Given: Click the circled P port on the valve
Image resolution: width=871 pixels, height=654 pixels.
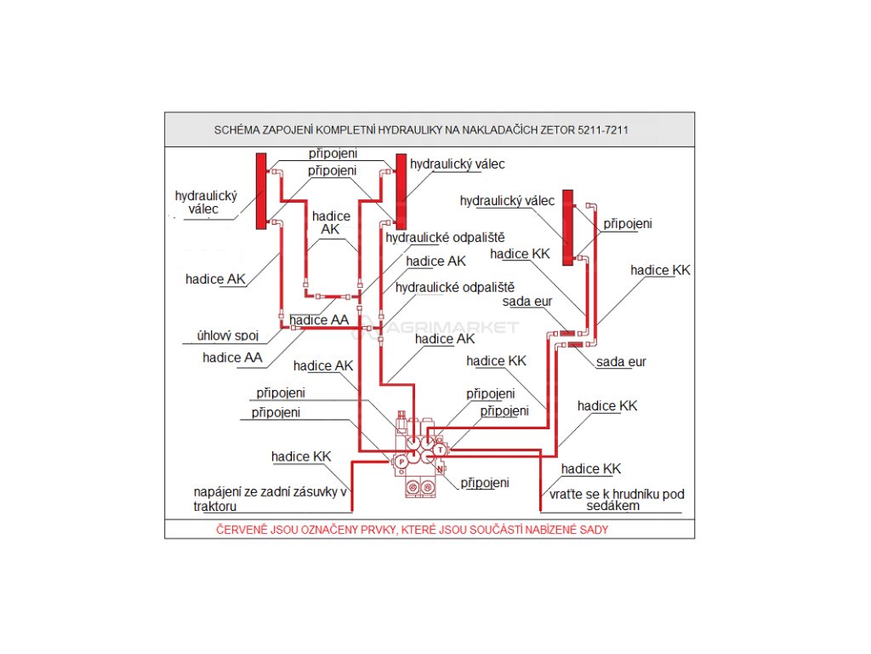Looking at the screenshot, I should pyautogui.click(x=401, y=461).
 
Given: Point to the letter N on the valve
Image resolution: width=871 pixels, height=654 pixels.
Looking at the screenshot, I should pyautogui.click(x=439, y=469).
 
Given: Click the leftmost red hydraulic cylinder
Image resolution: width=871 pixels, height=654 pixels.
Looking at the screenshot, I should pyautogui.click(x=262, y=191).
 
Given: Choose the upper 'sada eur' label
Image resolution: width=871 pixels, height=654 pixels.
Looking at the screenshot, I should pyautogui.click(x=527, y=301).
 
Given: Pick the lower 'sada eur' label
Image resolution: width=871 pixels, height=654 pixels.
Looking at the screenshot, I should pyautogui.click(x=621, y=362).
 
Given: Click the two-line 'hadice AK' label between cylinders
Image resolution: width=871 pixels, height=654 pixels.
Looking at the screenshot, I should pyautogui.click(x=330, y=222).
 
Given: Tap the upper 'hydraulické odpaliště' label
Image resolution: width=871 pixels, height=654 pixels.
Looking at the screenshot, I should pyautogui.click(x=445, y=238).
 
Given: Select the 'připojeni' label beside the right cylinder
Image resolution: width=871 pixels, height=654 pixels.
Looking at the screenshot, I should pyautogui.click(x=628, y=224).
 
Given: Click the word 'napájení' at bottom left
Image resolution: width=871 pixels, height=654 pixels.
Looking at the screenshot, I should pyautogui.click(x=218, y=492).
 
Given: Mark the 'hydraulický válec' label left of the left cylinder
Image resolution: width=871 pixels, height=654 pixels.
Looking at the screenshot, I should pyautogui.click(x=206, y=202).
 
